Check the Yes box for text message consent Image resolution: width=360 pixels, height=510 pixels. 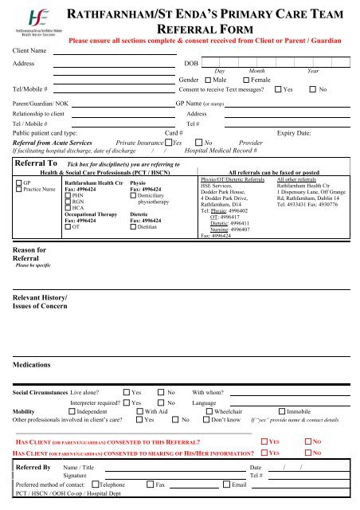tap(278, 90)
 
